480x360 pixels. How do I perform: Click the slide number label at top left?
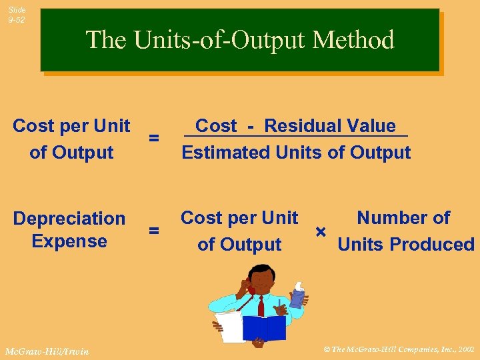click(x=17, y=15)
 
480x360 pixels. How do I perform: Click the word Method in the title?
click(x=357, y=41)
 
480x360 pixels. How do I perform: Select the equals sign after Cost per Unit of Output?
click(x=153, y=138)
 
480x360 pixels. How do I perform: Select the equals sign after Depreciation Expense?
click(x=153, y=231)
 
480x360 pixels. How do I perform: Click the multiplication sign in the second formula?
click(x=321, y=231)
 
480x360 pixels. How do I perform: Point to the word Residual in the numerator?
click(x=297, y=126)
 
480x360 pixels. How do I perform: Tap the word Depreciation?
click(x=69, y=219)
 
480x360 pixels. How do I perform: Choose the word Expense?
click(x=69, y=241)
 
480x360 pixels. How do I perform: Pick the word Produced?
click(x=441, y=245)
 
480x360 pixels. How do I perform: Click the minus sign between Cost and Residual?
click(x=250, y=126)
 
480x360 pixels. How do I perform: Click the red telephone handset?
click(x=251, y=288)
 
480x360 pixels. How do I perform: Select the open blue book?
click(x=264, y=327)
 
